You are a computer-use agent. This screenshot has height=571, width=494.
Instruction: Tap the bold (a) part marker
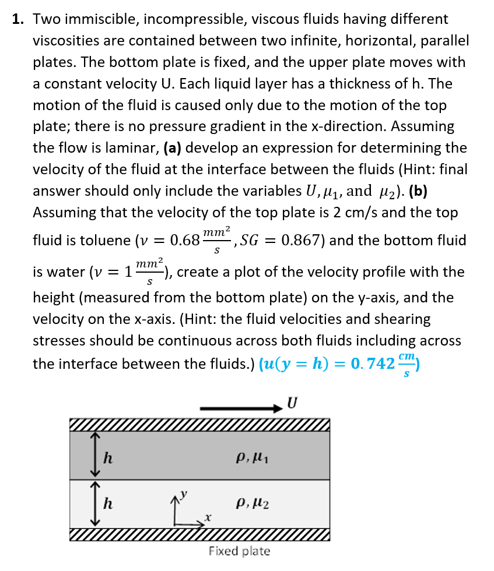point(172,148)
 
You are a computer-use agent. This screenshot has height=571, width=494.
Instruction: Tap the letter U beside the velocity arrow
point(292,403)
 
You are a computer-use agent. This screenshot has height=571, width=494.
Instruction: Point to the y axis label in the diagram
point(186,495)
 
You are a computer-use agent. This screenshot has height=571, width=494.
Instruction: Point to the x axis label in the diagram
point(206,517)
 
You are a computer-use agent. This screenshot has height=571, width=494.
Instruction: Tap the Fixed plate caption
point(239,551)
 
